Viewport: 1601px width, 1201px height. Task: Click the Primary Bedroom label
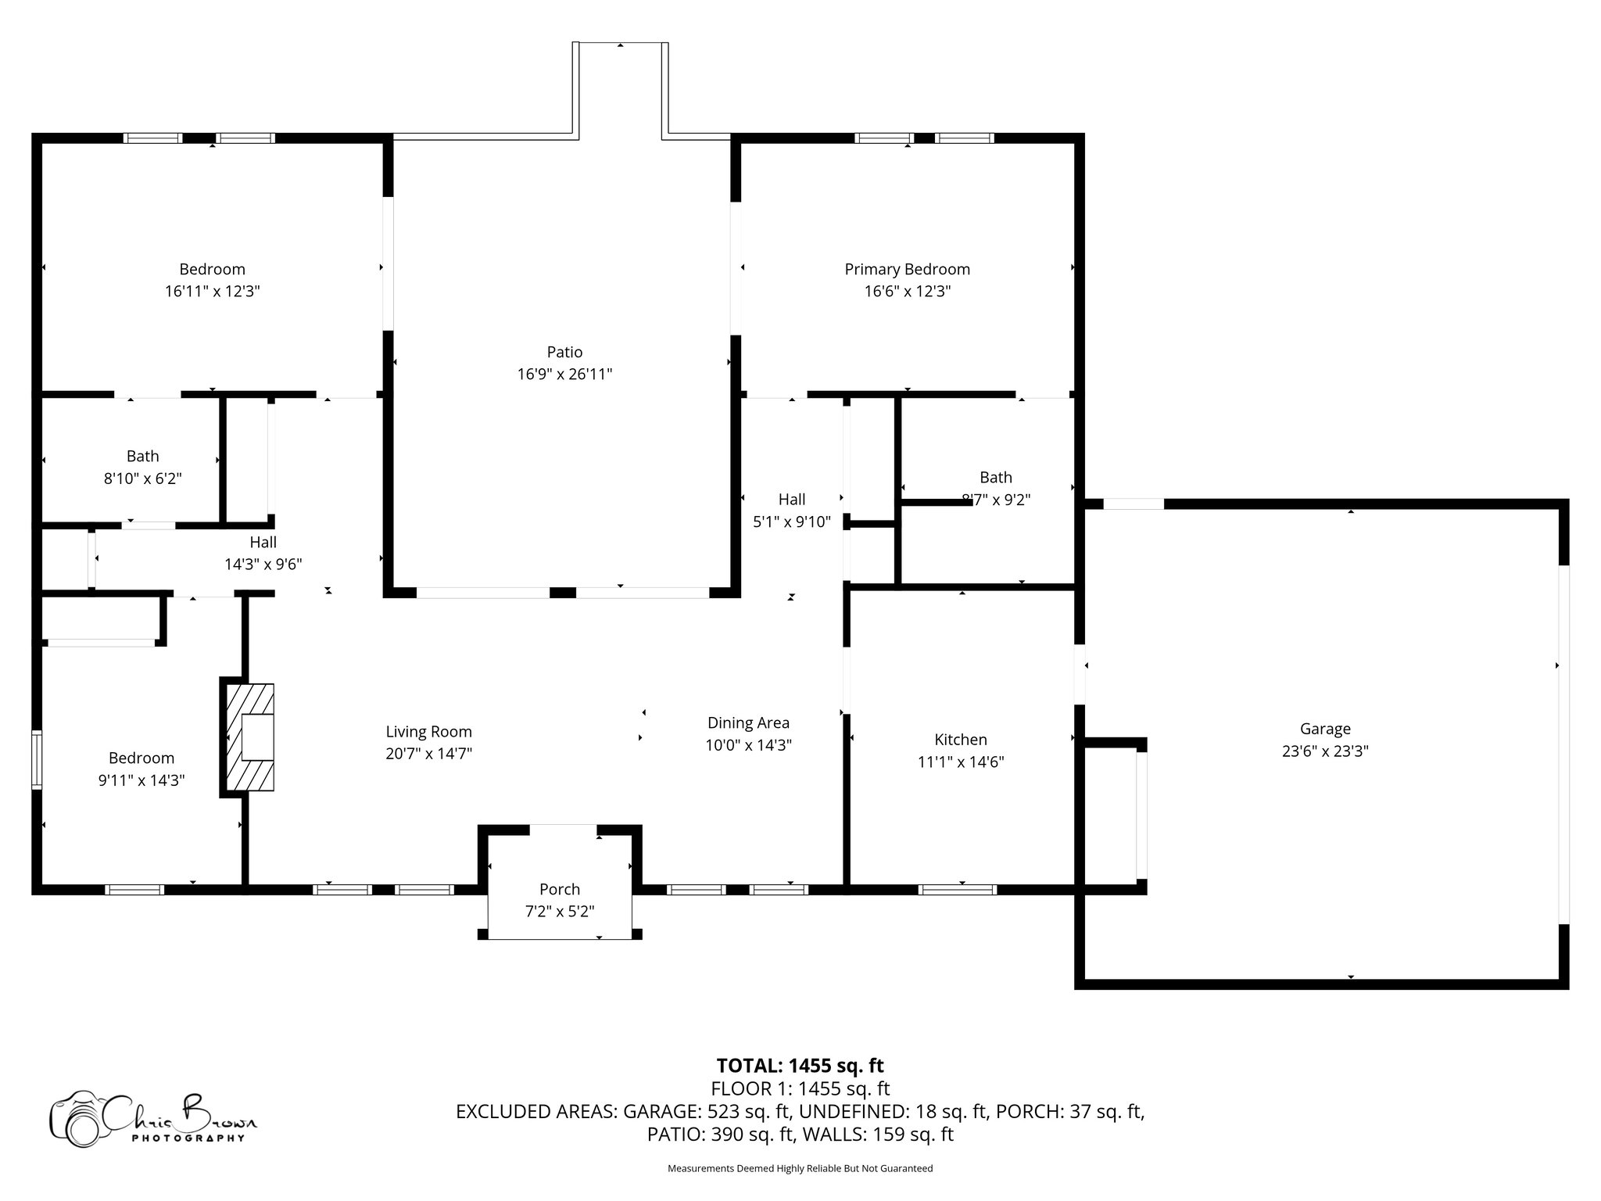(x=907, y=269)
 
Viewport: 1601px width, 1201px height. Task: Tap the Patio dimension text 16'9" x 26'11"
(x=564, y=374)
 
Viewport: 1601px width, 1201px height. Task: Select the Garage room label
(x=1325, y=729)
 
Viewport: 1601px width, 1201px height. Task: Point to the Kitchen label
(x=961, y=740)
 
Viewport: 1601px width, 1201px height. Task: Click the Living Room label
(x=428, y=732)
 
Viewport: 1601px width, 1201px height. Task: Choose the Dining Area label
(x=748, y=723)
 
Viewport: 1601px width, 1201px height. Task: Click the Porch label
(x=560, y=889)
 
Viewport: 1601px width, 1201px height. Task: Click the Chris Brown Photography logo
(x=153, y=1118)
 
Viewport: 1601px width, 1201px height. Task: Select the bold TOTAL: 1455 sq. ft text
(x=800, y=1065)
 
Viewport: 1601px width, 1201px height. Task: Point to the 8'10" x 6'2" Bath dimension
(x=143, y=478)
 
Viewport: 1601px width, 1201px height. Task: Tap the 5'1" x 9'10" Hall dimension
(x=792, y=522)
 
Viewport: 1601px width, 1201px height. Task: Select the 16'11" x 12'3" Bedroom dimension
(x=213, y=291)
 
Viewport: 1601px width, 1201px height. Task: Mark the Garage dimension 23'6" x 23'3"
(x=1325, y=751)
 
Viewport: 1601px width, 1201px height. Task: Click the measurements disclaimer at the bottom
(x=800, y=1168)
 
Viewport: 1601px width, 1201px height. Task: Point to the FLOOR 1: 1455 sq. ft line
(x=800, y=1088)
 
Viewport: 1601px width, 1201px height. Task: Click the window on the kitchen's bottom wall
(x=957, y=889)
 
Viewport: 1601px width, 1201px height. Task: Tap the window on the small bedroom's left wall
(x=37, y=759)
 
